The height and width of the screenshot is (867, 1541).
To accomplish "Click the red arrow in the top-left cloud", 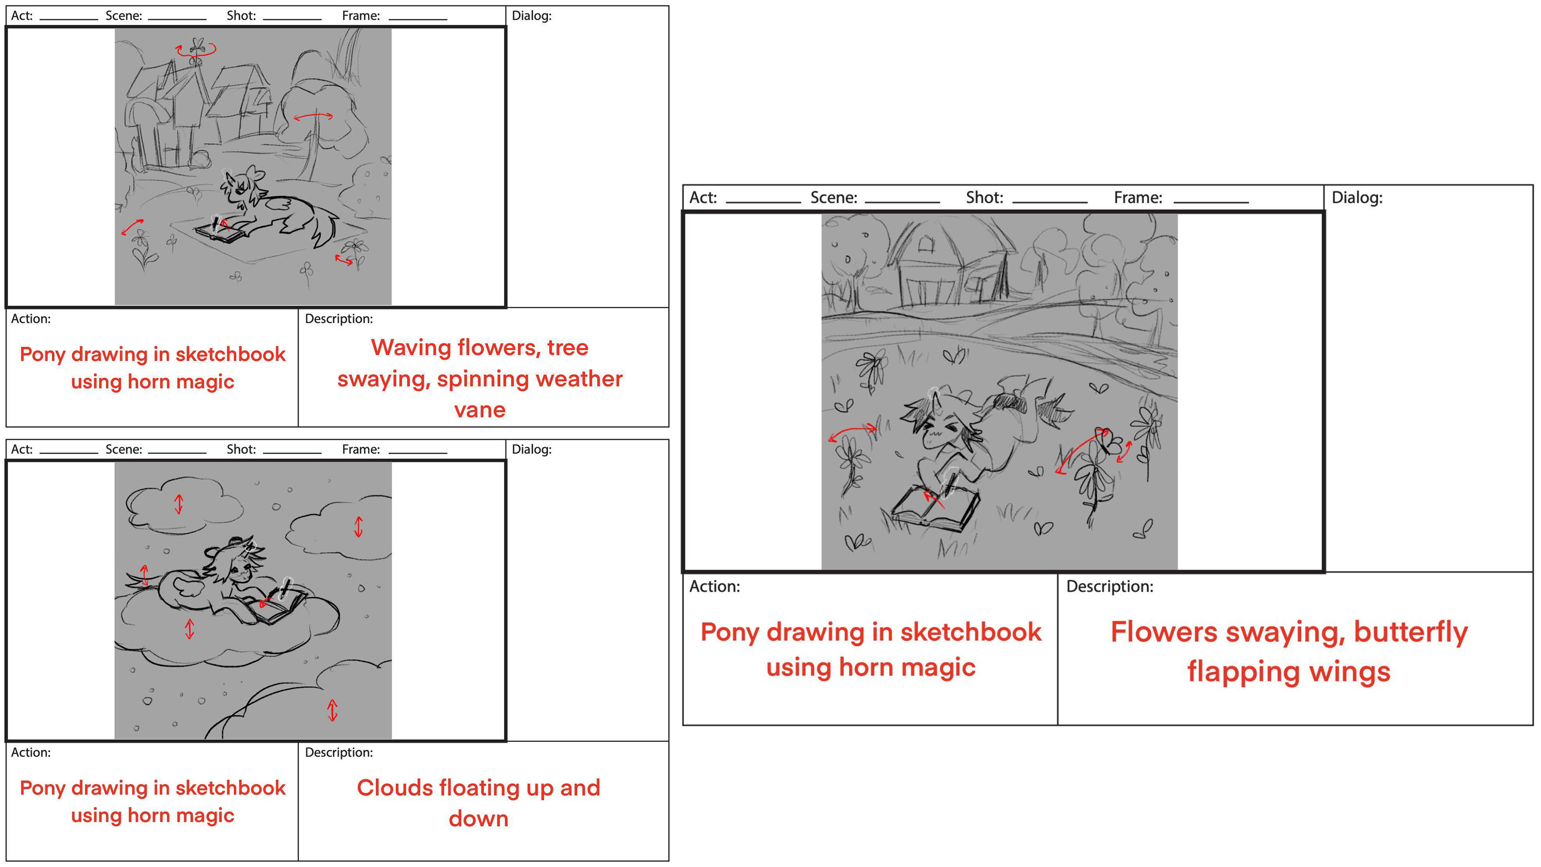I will pos(178,504).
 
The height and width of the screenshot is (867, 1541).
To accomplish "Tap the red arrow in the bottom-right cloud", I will pos(333,711).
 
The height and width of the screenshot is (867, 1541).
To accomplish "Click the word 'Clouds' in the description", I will pos(394,788).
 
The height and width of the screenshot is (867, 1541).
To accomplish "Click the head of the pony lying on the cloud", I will pos(242,565).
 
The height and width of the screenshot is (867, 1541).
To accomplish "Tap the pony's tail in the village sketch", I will pos(323,227).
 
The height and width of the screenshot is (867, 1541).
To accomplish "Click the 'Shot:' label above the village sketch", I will pos(240,16).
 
